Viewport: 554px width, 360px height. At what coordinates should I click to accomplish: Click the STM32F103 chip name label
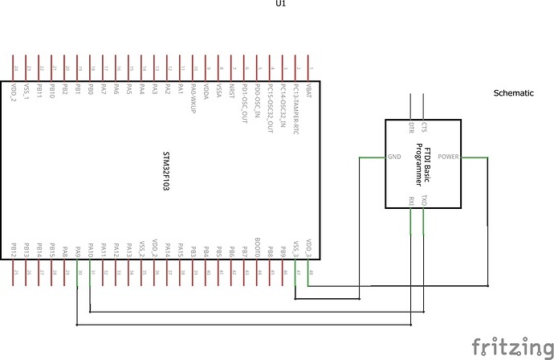point(166,170)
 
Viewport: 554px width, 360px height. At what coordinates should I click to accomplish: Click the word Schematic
point(513,93)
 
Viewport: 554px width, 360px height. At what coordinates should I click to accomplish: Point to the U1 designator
point(280,4)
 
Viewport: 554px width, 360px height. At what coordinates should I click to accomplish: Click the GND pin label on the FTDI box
point(395,157)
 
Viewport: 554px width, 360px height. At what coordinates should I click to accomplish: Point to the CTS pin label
point(424,128)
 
